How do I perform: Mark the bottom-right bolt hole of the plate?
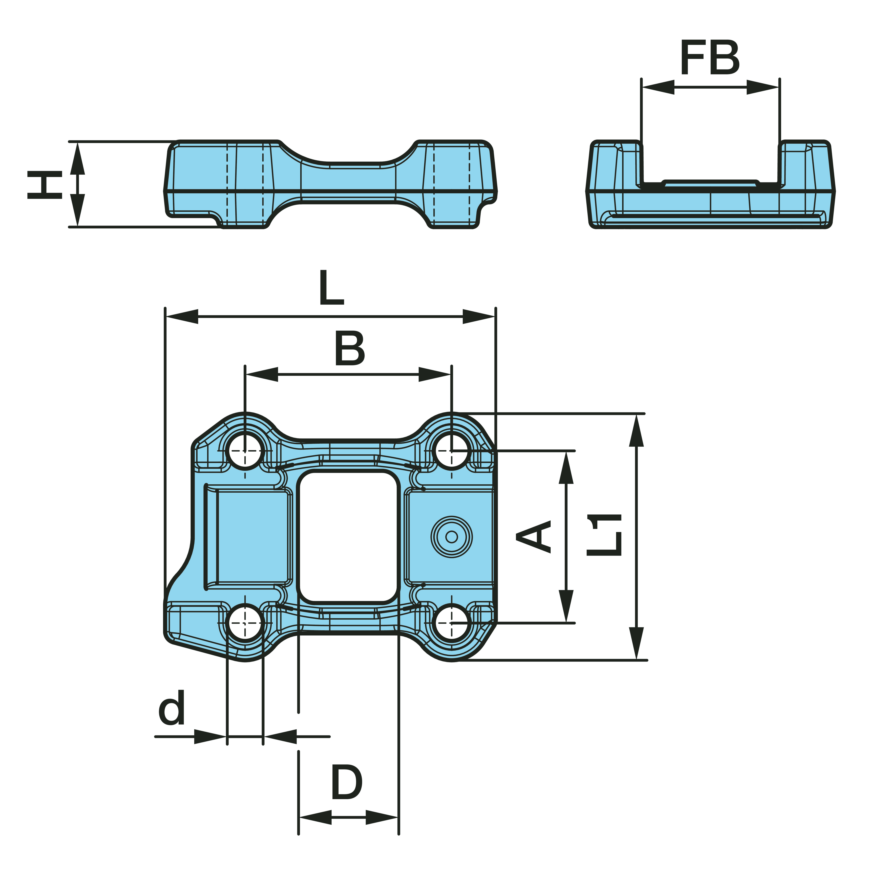pyautogui.click(x=452, y=623)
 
